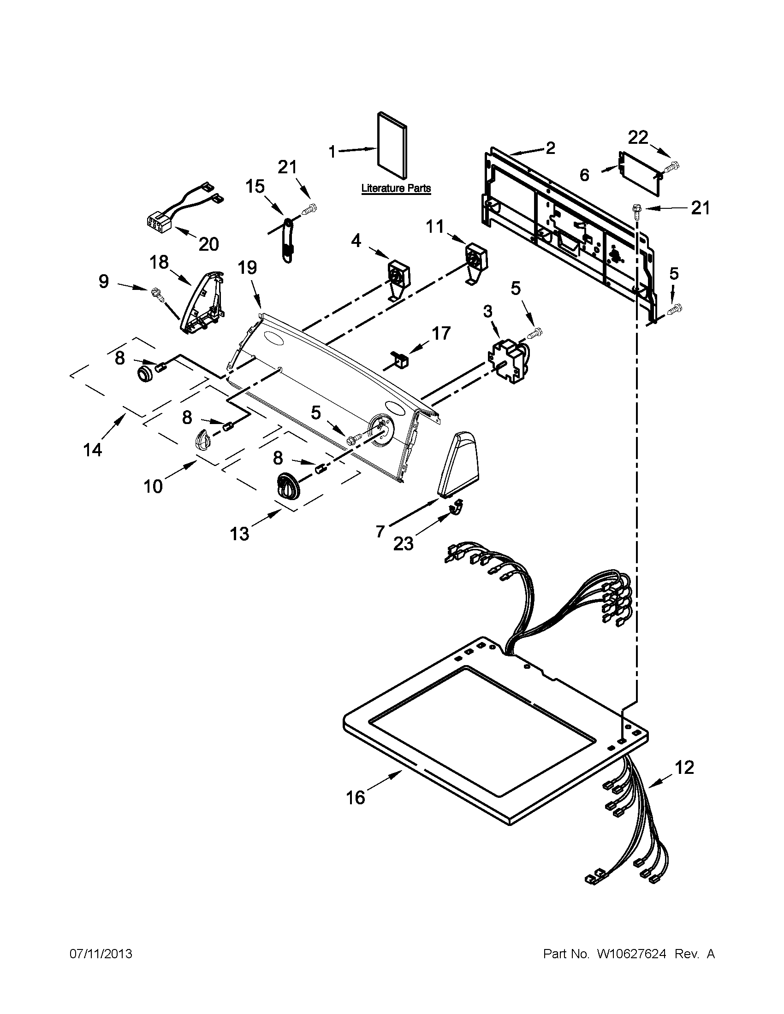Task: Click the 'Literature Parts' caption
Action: coord(396,189)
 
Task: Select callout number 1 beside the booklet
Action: coord(332,151)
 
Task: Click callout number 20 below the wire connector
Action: coord(208,244)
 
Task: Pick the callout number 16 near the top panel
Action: coord(356,798)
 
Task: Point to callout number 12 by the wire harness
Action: coord(684,767)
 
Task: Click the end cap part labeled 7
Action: coord(458,464)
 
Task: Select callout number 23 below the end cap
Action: coord(403,543)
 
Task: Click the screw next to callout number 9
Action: coord(155,294)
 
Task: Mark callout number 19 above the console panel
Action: coord(247,268)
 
